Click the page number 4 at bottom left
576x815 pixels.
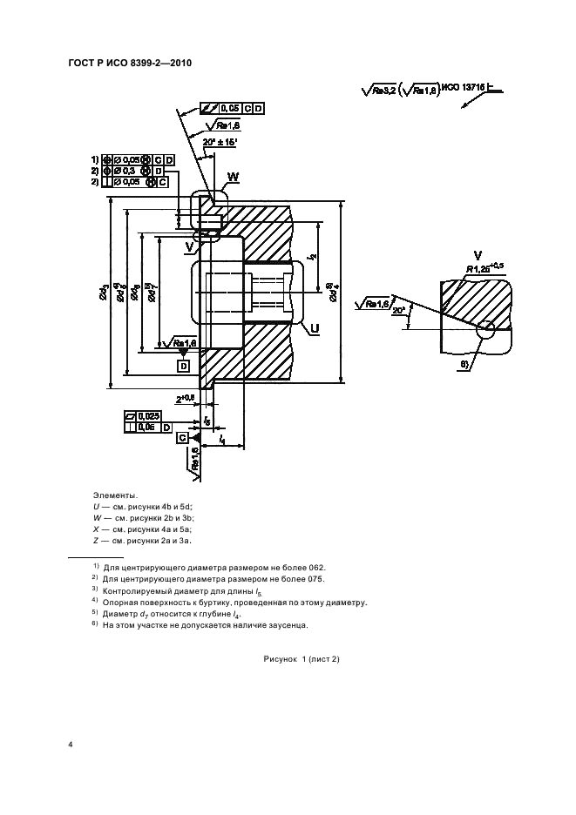[70, 744]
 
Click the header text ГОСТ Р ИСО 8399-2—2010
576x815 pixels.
[129, 63]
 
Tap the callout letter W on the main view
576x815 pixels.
[233, 180]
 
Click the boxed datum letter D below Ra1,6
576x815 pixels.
[184, 366]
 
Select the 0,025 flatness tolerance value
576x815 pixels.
[148, 416]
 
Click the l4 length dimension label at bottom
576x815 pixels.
[224, 441]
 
